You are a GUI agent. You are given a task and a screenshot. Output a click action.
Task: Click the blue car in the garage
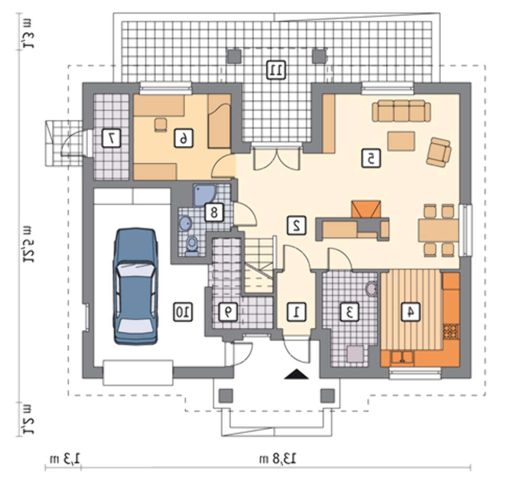[x=136, y=286]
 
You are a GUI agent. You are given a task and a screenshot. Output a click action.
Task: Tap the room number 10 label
[x=183, y=312]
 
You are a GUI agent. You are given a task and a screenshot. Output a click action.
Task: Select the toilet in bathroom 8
[x=192, y=247]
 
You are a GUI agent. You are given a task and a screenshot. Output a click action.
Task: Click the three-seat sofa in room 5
[x=401, y=111]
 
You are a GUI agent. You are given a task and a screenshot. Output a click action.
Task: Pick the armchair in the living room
[x=439, y=152]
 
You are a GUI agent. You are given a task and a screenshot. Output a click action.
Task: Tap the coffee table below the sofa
[x=401, y=141]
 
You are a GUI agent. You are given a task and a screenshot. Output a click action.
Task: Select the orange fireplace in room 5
[x=366, y=210]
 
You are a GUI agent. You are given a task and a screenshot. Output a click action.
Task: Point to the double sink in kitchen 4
[x=402, y=357]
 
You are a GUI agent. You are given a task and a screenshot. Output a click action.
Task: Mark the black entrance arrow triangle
[x=296, y=374]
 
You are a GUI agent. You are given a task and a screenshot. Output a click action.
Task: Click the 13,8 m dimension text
[x=278, y=459]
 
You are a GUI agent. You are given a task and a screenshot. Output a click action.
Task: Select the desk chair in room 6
[x=160, y=124]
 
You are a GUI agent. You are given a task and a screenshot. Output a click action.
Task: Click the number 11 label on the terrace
[x=277, y=70]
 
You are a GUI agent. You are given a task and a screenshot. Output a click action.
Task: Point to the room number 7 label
[x=111, y=139]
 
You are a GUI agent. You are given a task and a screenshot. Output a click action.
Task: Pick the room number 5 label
[x=371, y=158]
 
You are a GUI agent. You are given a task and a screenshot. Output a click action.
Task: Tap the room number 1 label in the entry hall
[x=296, y=312]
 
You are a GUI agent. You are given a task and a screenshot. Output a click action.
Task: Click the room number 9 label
[x=228, y=312]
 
